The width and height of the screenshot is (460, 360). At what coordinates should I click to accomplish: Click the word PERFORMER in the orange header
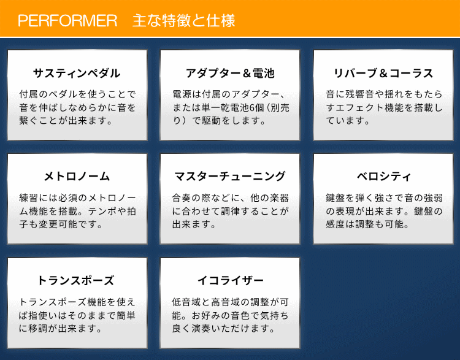point(67,20)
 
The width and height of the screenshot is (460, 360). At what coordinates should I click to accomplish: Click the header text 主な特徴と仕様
point(184,20)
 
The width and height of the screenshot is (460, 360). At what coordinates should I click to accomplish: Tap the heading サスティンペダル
point(77,73)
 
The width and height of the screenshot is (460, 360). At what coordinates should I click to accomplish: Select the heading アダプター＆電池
point(230,73)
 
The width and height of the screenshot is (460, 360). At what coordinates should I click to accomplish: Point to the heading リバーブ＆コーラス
point(383,73)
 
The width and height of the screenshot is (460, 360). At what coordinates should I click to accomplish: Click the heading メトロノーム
point(77,177)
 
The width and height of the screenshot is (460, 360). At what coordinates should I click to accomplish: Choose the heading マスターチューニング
point(230,177)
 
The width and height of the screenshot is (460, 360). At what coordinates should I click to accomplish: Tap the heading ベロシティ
point(383,177)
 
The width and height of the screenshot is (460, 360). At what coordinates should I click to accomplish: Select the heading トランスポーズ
point(76,280)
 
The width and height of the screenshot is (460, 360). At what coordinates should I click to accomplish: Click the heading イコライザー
point(231,280)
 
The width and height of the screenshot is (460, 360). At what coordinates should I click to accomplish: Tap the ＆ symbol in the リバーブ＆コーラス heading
point(383,74)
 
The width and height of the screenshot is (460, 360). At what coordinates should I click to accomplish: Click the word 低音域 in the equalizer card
point(186,302)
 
